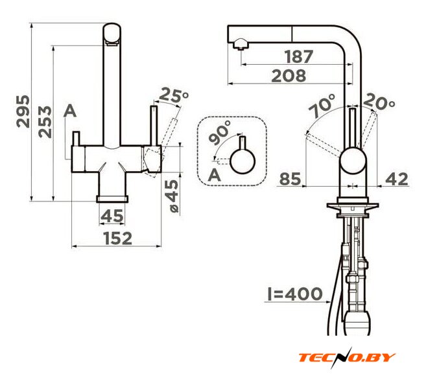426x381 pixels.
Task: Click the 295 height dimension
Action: (x=23, y=111)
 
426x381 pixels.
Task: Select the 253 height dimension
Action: (x=45, y=122)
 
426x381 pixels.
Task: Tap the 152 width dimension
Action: (x=118, y=238)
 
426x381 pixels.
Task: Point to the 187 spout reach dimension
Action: (x=299, y=56)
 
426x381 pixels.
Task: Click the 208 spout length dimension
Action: (x=289, y=76)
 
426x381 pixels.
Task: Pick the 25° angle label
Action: (x=174, y=95)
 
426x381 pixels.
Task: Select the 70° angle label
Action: (x=322, y=106)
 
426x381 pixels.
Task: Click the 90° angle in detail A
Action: (x=220, y=132)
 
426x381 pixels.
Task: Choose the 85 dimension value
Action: (x=290, y=179)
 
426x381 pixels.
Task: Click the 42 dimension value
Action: (x=397, y=179)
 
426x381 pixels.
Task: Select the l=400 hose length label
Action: (x=295, y=294)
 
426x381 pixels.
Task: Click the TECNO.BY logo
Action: (x=347, y=358)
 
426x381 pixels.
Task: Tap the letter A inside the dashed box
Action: (x=215, y=175)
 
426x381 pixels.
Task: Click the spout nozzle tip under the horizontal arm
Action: (x=240, y=45)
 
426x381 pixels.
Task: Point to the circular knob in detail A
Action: (x=243, y=161)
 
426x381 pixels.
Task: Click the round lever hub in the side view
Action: (x=353, y=161)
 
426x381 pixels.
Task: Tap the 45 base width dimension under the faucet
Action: (x=112, y=216)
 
